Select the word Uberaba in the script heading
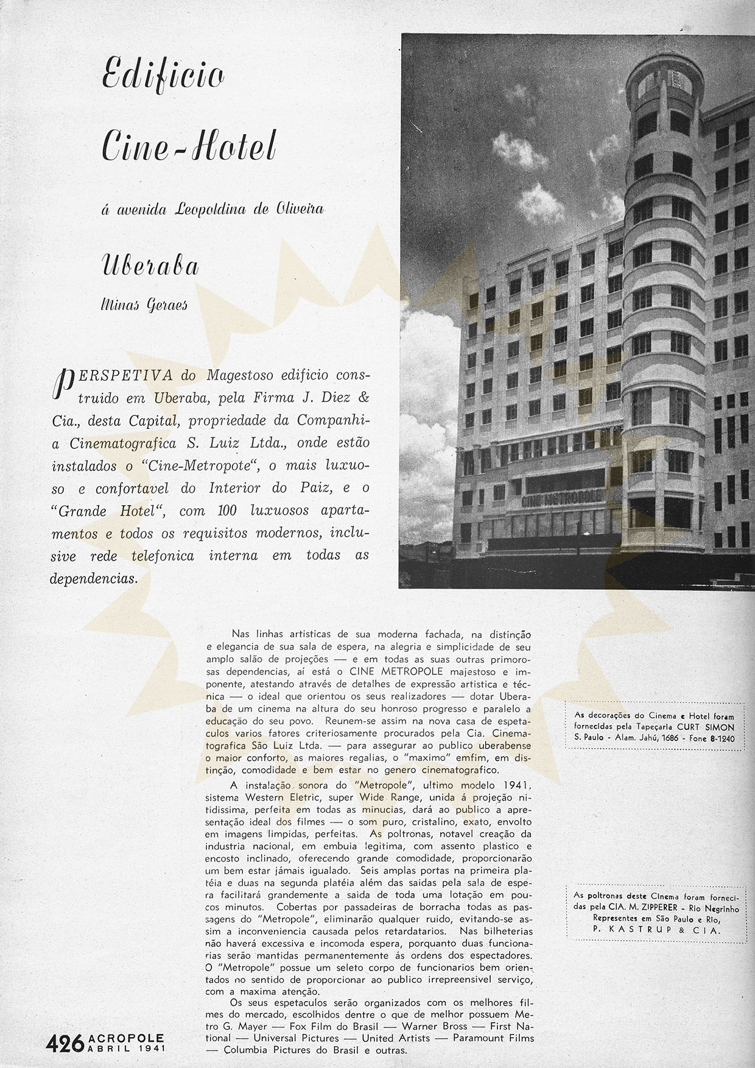(x=150, y=266)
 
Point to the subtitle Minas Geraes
(x=144, y=303)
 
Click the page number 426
(x=65, y=1044)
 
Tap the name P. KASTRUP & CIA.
(x=656, y=930)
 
